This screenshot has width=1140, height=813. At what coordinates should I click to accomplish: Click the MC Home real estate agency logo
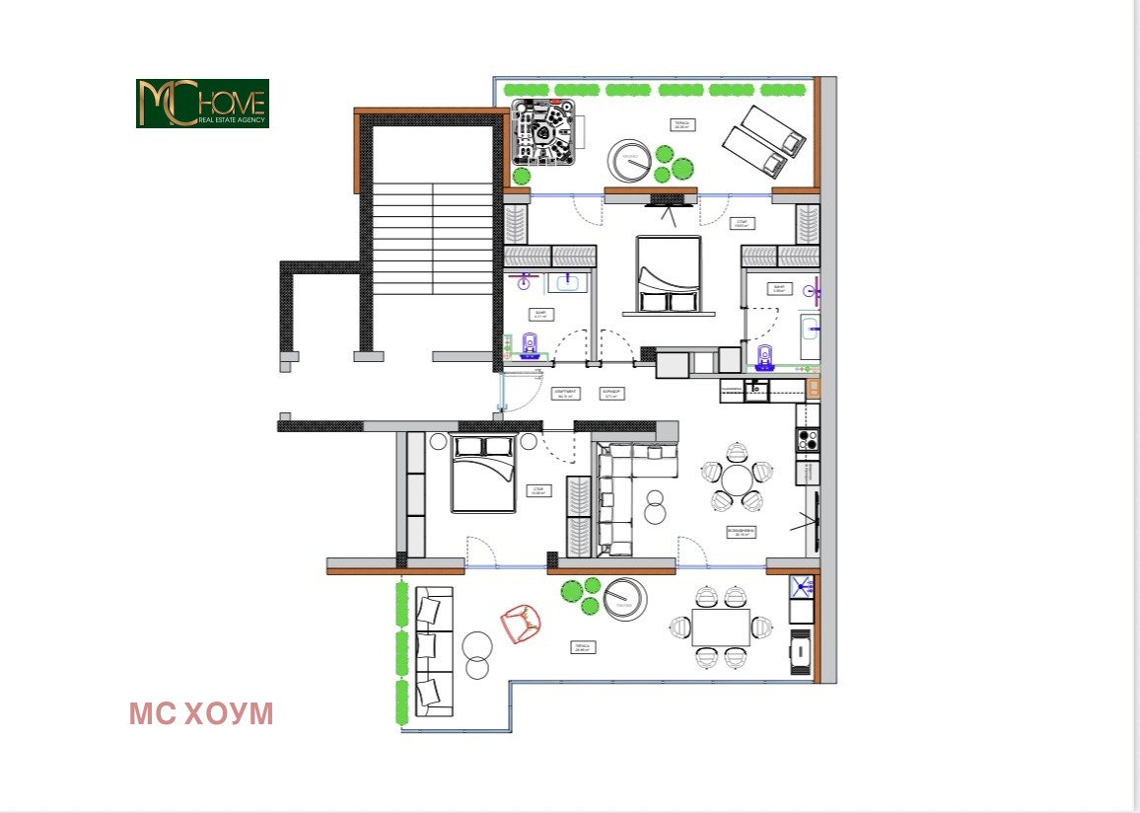(202, 104)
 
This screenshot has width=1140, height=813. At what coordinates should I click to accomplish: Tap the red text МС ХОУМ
(201, 714)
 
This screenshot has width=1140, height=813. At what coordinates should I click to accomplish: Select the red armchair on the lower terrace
(521, 624)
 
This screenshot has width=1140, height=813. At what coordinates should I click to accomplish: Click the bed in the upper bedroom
(669, 273)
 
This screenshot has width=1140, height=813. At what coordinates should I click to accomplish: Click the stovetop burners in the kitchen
(808, 440)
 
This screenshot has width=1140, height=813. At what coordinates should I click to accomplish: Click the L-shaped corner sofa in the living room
(621, 493)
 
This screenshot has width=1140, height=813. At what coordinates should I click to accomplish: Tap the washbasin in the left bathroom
(568, 284)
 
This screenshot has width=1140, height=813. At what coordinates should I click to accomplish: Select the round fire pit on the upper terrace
(627, 159)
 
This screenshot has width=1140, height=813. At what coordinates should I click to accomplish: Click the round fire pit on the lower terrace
(624, 598)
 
